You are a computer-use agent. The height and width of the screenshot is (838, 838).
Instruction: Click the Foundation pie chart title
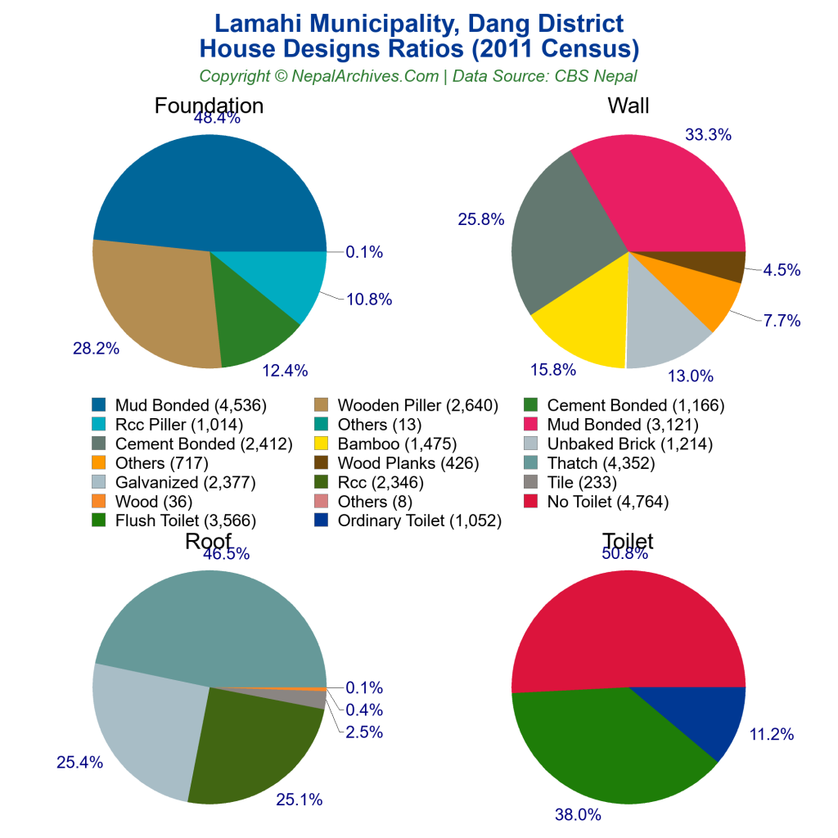(209, 106)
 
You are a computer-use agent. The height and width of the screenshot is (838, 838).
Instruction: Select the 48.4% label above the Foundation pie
(217, 118)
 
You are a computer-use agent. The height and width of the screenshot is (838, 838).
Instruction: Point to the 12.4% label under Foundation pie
(285, 371)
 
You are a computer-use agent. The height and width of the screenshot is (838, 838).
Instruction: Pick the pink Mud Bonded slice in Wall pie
(663, 196)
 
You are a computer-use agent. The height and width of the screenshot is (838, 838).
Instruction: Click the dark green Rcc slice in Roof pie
(254, 745)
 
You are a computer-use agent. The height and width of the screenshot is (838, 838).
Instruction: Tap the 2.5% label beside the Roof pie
(364, 732)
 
